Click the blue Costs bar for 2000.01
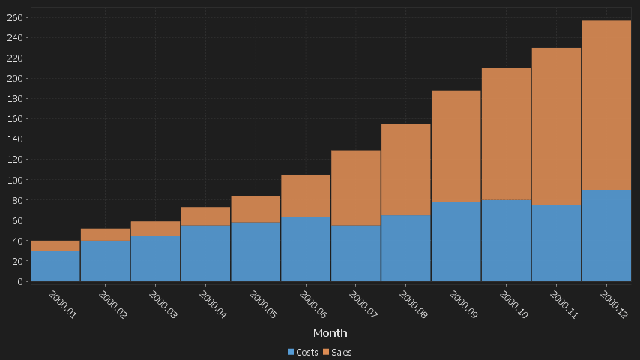55,265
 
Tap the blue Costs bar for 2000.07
356,253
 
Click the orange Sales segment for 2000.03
155,228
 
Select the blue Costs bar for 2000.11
556,243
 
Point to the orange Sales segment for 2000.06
306,196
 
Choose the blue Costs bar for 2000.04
205,253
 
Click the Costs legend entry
307,352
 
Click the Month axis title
330,332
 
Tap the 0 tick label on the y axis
20,281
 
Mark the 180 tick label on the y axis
16,98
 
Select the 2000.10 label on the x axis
513,304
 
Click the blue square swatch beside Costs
291,352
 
